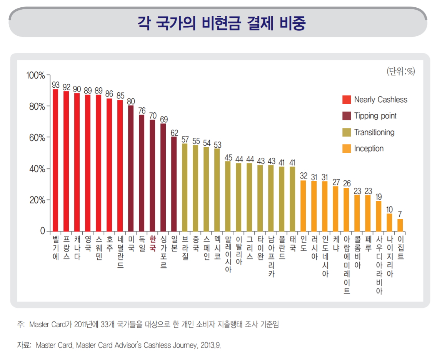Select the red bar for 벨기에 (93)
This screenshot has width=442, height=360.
point(55,160)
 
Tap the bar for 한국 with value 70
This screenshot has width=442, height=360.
point(152,175)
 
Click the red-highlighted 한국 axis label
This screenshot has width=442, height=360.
point(152,243)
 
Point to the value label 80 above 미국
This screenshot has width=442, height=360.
point(131,101)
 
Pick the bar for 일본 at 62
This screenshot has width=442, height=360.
point(174,183)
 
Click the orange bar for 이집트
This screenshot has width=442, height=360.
point(400,225)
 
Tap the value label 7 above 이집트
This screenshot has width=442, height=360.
point(400,214)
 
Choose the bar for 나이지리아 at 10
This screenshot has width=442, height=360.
point(389,222)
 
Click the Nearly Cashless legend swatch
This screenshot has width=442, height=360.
point(346,100)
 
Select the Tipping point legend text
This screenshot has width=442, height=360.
point(375,116)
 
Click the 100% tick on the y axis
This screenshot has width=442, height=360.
point(35,75)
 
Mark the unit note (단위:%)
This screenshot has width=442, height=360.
point(400,71)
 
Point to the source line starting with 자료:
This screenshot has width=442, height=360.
point(119,345)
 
